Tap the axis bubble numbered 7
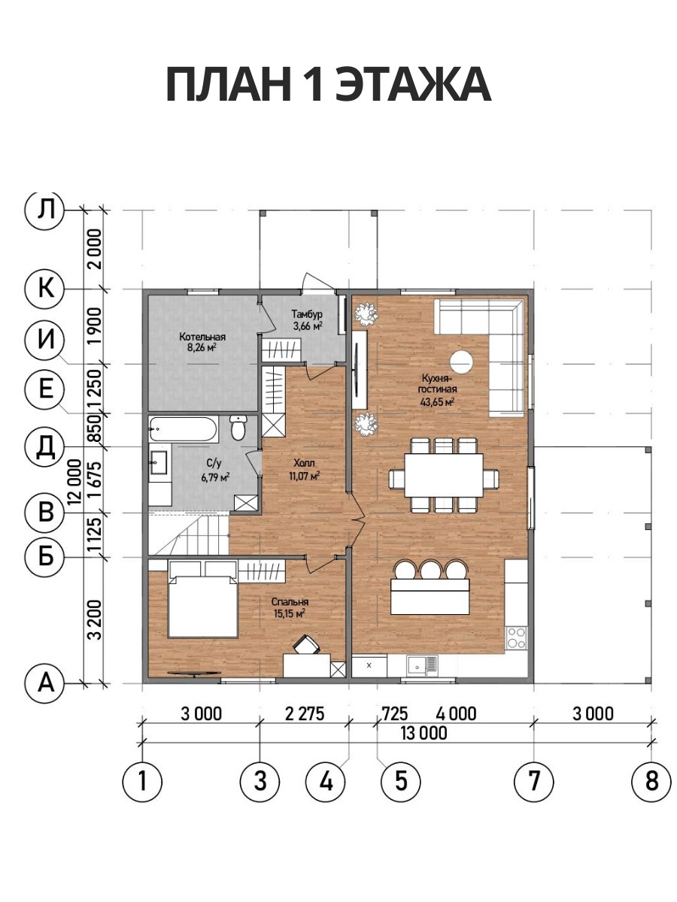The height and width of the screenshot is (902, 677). coord(534,780)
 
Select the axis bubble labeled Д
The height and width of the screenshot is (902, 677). coord(45,446)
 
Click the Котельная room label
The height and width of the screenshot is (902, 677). coord(202,337)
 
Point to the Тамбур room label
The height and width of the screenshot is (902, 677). coord(307,314)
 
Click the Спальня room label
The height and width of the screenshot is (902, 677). coord(290,602)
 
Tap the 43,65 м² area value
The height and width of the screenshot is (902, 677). coord(437,401)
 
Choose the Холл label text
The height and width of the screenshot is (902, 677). coord(304,463)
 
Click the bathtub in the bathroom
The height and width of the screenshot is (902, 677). coord(183,429)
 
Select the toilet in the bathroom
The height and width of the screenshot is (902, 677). coord(238,428)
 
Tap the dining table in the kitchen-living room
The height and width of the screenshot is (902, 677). coord(444,475)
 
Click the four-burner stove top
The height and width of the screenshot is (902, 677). coord(516,637)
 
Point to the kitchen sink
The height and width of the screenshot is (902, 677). coord(422,664)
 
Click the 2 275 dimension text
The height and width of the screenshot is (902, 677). coord(305,714)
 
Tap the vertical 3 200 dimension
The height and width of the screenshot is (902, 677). coord(96,619)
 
